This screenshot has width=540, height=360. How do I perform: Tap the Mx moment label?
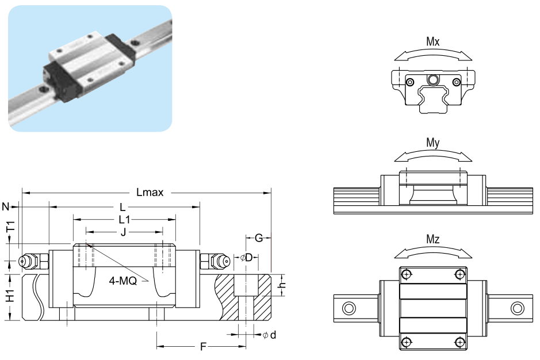point(433,42)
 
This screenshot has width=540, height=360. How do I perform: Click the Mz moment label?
point(433,240)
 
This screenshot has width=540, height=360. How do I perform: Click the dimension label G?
point(259,237)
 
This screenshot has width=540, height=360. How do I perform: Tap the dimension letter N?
point(6,206)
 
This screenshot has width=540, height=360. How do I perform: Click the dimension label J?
point(124,232)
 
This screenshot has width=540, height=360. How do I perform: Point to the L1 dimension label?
point(124,219)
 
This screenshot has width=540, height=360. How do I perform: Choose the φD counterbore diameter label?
point(247,257)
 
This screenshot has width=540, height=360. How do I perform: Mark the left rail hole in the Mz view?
point(348,308)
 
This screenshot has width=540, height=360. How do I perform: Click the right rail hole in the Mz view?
point(517,308)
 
